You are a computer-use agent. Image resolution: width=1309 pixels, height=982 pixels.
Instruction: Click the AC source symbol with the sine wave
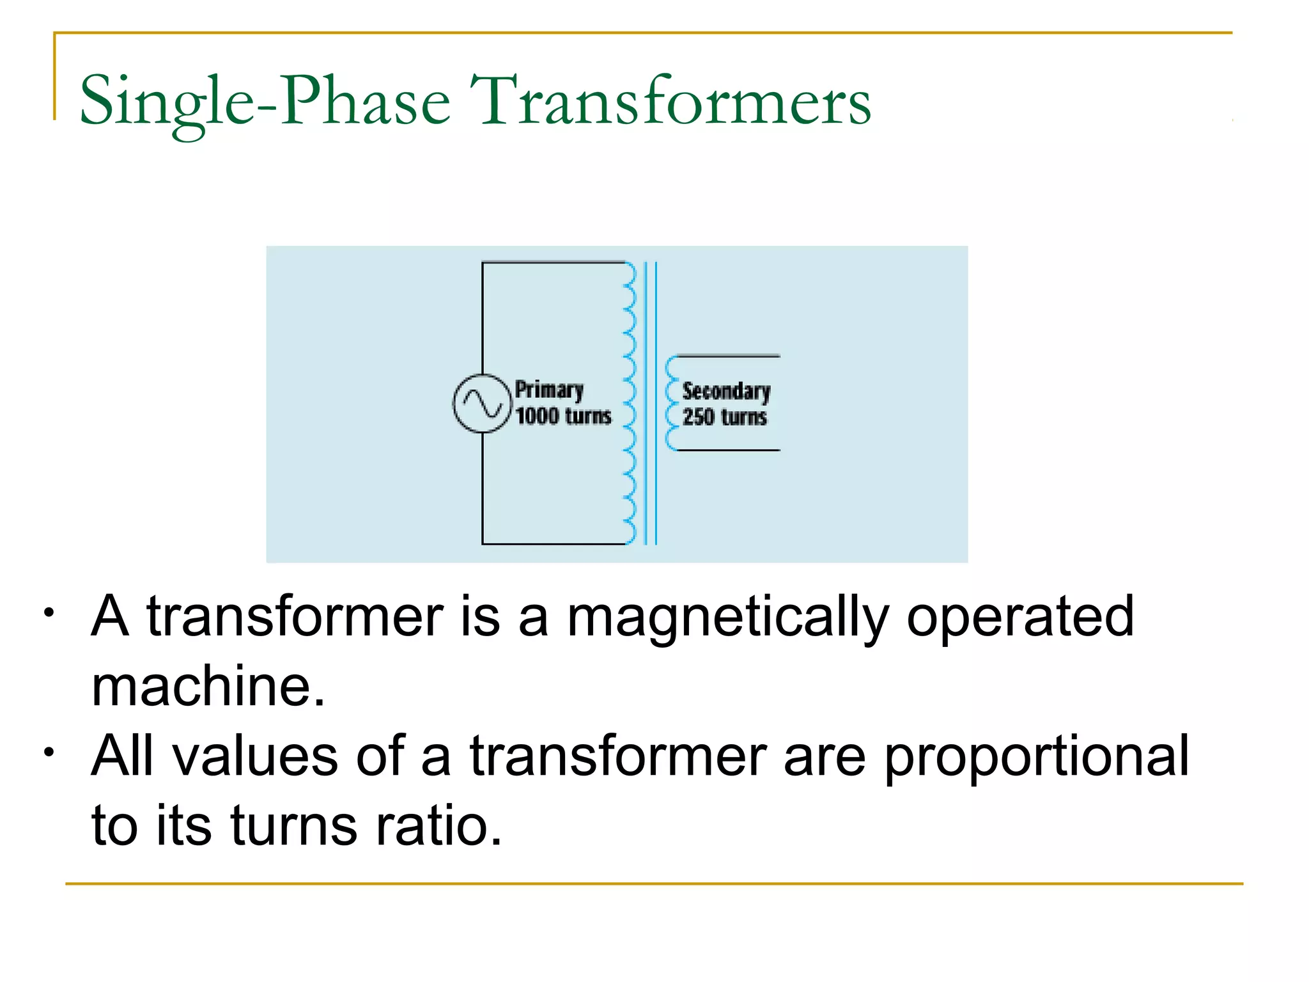pyautogui.click(x=483, y=403)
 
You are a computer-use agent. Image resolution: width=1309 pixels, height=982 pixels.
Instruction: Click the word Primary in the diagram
pyautogui.click(x=549, y=389)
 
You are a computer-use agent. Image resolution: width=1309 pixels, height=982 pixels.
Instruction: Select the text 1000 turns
pyautogui.click(x=563, y=416)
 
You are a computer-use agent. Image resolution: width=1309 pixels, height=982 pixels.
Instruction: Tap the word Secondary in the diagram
pyautogui.click(x=726, y=391)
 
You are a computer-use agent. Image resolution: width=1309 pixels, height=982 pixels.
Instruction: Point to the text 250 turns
pyautogui.click(x=724, y=417)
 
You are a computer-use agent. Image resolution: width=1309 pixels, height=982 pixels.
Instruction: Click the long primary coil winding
pyautogui.click(x=630, y=403)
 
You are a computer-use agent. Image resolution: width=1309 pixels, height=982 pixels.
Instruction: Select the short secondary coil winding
pyautogui.click(x=670, y=403)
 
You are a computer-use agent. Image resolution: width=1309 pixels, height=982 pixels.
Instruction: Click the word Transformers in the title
pyautogui.click(x=670, y=102)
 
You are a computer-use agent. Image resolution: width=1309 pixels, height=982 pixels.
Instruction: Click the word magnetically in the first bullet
pyautogui.click(x=727, y=618)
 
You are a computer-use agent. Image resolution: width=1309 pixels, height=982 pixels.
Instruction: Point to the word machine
pyautogui.click(x=208, y=687)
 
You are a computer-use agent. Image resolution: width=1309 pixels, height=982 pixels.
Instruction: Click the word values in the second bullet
pyautogui.click(x=255, y=756)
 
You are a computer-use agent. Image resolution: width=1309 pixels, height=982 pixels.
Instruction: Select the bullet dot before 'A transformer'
pyautogui.click(x=49, y=614)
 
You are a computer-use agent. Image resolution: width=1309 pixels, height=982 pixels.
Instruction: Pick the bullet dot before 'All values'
pyautogui.click(x=49, y=752)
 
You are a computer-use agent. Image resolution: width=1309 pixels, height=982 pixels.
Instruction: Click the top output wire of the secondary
pyautogui.click(x=729, y=356)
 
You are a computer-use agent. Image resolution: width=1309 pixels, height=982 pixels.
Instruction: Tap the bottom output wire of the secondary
pyautogui.click(x=729, y=451)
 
